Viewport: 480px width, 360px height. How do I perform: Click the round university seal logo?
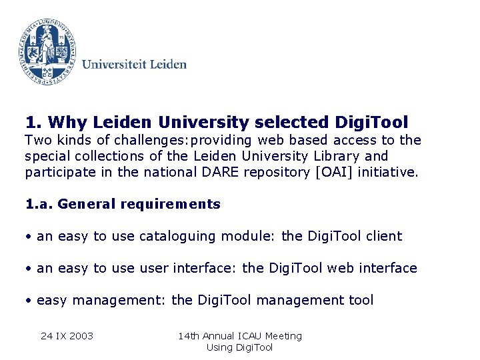click(x=46, y=49)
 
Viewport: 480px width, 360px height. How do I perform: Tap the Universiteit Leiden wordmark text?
click(x=134, y=65)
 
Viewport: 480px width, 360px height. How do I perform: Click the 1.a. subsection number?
click(x=39, y=204)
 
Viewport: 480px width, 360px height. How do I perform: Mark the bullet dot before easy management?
click(x=29, y=300)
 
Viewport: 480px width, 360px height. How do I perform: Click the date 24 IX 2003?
click(x=67, y=335)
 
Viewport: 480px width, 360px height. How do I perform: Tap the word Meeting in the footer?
click(x=284, y=335)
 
